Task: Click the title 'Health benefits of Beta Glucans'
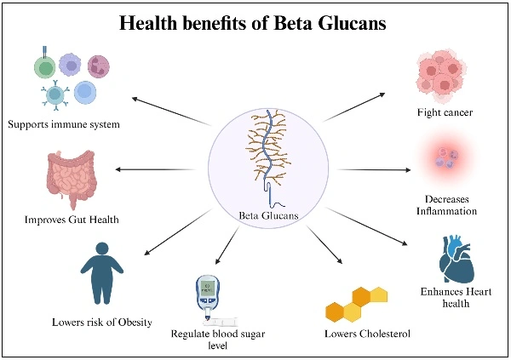pyautogui.click(x=255, y=24)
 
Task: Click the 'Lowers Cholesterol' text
pyautogui.click(x=368, y=333)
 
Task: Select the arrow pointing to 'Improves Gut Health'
pyautogui.click(x=162, y=169)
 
